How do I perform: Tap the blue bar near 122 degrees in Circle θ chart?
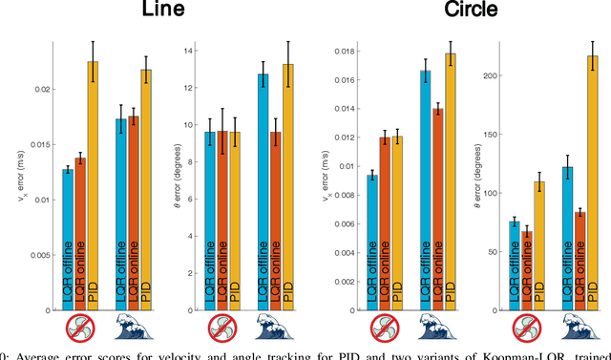pyautogui.click(x=540, y=239)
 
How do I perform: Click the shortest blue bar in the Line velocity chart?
pyautogui.click(x=68, y=239)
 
